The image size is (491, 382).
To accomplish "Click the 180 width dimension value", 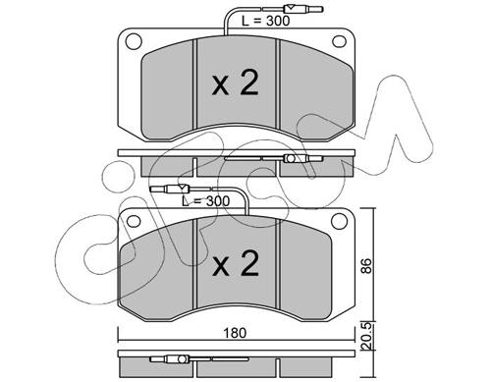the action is pos(234,333).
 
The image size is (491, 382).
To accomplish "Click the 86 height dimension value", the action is pos(367,265).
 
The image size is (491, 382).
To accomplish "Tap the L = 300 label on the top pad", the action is pos(265,21).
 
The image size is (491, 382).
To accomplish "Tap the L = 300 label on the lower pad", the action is pos(205,201).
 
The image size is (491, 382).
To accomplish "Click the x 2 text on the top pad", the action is pos(235,83).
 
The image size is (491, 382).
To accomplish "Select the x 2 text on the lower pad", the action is pos(236,263).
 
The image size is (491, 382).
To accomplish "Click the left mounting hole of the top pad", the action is pos(134,41).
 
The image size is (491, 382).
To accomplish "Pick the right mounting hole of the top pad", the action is pos(339,41).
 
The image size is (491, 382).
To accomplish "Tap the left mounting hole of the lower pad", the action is pos(134,221).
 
